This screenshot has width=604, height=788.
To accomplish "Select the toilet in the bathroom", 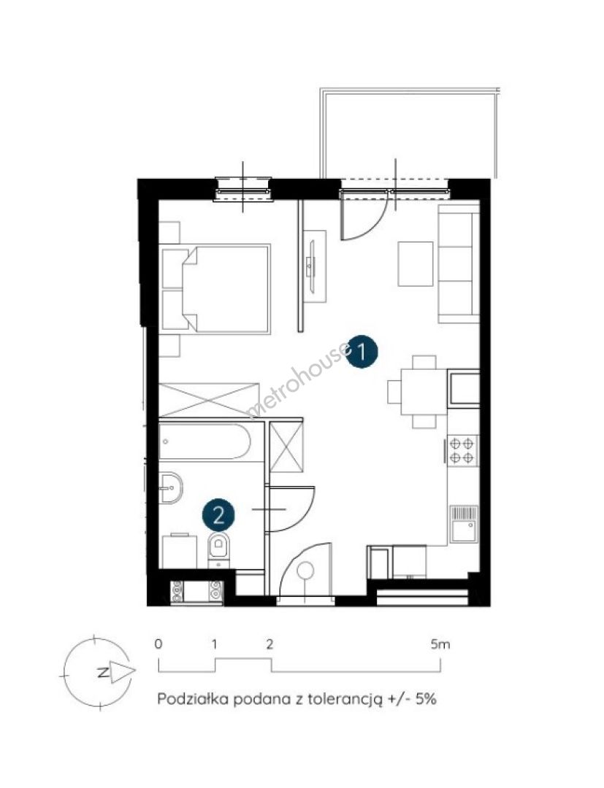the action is click(219, 551).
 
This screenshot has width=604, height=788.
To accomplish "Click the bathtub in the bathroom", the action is click(204, 441).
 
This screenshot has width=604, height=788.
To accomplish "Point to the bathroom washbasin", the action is click(170, 487).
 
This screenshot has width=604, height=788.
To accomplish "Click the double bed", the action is click(216, 288).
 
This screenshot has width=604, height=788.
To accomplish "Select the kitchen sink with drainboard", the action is click(463, 524).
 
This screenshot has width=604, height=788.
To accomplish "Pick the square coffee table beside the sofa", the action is click(416, 264).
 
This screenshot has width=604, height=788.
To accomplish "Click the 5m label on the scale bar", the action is click(440, 644).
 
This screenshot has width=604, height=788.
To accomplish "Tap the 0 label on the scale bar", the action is click(159, 644).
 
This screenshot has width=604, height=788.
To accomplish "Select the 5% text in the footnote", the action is click(426, 699).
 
